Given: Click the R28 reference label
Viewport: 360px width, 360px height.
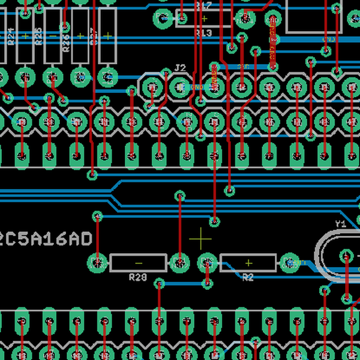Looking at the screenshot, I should pos(138,277).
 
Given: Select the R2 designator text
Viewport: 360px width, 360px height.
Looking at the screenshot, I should pos(248,277).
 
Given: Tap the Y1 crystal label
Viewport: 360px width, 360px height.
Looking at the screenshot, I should pos(340,224).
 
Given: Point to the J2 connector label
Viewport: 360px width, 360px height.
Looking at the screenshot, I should pos(180,67).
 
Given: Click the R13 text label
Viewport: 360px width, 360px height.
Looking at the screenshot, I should pos(204,33).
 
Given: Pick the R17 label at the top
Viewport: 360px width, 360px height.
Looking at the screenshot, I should pos(204,5).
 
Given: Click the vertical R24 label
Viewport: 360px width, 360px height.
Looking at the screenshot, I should pos(11,37).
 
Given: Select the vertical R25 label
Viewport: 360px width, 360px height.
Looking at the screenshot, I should pos(38,37).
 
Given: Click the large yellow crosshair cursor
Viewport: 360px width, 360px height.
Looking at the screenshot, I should pos(200,239).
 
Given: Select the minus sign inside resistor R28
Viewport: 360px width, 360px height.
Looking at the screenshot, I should pos(139,263).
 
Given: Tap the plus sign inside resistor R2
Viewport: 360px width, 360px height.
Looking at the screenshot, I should pos(248,263).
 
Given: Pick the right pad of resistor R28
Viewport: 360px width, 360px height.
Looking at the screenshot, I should pos(179,262).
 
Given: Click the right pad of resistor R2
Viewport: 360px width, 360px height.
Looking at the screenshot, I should pos(289,262).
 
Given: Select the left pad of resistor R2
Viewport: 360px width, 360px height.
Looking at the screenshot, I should pos(208,262).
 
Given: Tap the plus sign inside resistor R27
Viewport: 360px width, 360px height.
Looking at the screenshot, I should pos(107,35).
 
